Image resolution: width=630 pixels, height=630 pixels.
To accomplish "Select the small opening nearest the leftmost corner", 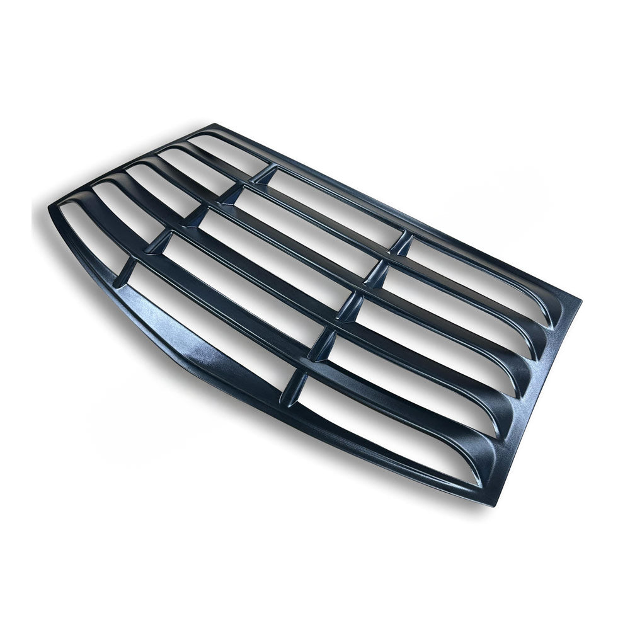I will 88,236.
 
